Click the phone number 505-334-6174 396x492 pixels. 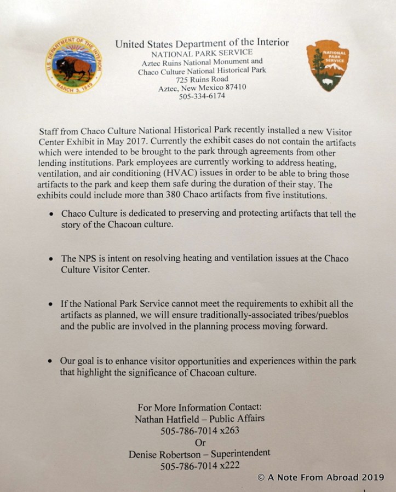pyautogui.click(x=202, y=97)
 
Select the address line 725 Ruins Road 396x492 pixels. pyautogui.click(x=202, y=79)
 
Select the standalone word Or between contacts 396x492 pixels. pyautogui.click(x=200, y=442)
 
